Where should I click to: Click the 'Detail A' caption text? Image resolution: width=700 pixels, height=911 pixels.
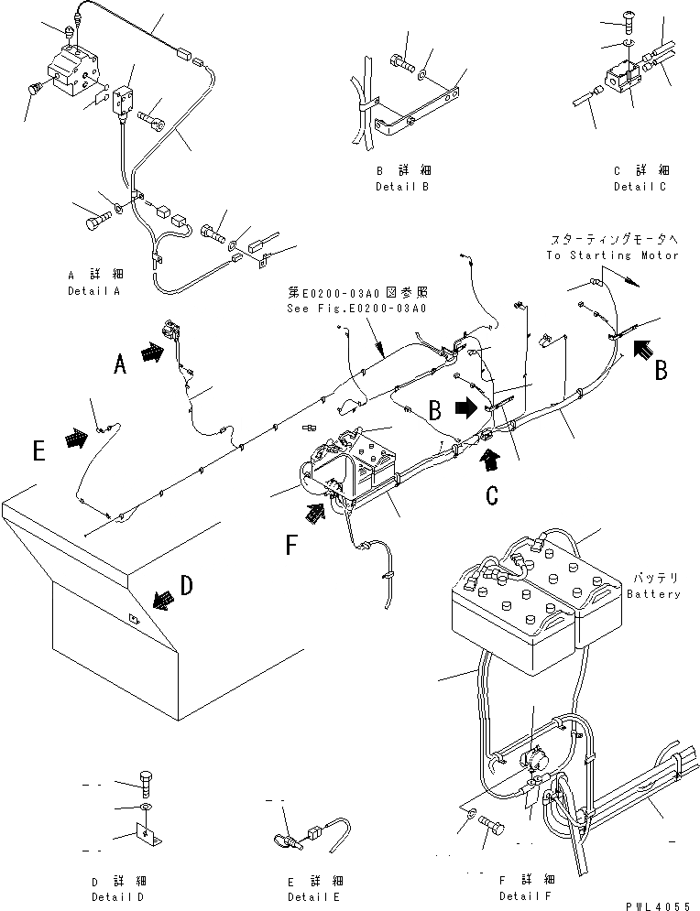click(94, 291)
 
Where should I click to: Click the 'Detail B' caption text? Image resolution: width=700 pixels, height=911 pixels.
click(402, 187)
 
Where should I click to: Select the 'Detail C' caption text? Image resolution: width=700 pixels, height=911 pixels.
click(640, 187)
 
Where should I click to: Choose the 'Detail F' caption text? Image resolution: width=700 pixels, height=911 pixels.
click(525, 895)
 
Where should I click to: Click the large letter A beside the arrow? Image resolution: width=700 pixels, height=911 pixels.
click(119, 365)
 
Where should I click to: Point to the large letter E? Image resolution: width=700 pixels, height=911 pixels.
click(38, 450)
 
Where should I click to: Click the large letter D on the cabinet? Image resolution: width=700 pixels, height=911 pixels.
click(187, 586)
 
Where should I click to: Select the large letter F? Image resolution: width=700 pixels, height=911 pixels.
click(290, 547)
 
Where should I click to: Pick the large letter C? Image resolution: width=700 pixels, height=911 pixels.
click(492, 495)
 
